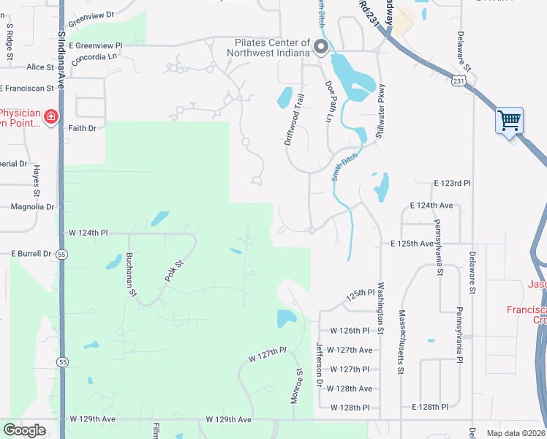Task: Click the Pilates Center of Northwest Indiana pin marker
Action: click(x=320, y=48)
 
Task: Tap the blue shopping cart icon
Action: click(x=509, y=119)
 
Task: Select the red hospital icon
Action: click(x=50, y=116)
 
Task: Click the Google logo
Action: click(x=24, y=430)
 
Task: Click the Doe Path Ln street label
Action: click(x=330, y=101)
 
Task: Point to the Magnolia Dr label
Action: click(x=33, y=207)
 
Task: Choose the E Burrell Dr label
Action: click(x=31, y=253)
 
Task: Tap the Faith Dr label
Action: click(x=82, y=128)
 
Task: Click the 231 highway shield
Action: click(x=458, y=78)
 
